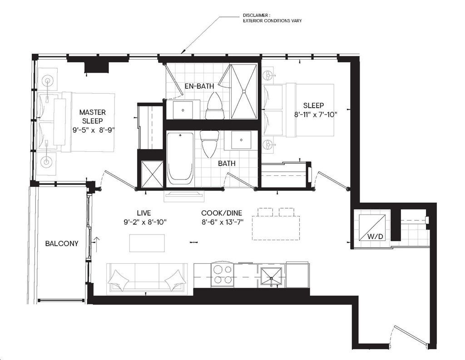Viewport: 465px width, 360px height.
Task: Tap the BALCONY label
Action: (x=62, y=243)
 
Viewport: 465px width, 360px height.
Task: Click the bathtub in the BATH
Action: (x=180, y=160)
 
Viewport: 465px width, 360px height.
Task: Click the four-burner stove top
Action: (x=223, y=275)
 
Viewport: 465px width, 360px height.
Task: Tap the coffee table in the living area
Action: (x=147, y=243)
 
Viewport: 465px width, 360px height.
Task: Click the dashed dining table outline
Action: (x=276, y=224)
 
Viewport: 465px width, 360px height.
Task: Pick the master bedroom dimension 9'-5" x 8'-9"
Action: (x=94, y=130)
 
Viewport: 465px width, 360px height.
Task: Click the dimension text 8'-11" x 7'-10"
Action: (x=316, y=114)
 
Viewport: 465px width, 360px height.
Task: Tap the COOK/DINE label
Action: (x=222, y=213)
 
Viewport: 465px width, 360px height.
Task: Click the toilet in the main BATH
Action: (x=210, y=144)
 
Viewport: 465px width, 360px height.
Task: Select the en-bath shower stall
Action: (x=244, y=91)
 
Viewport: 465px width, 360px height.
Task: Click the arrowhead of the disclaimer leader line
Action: (x=182, y=54)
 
